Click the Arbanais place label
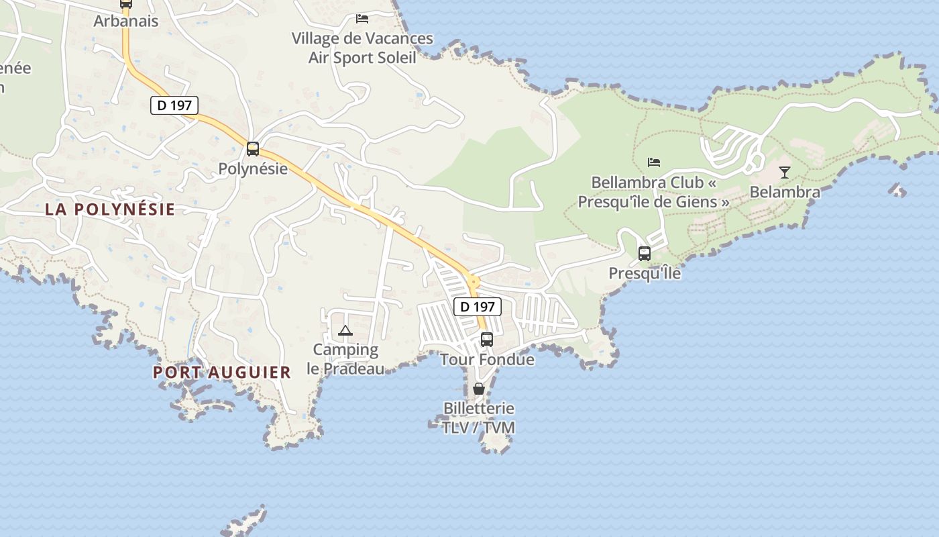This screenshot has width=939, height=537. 126,21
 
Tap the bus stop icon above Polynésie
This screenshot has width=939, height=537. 253,149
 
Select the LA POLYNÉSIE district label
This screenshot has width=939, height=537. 110,209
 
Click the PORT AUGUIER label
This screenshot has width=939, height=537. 222,372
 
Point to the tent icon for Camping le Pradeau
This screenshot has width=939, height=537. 345,330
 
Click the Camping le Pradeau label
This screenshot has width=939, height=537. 345,359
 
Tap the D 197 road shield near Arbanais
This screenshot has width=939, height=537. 174,105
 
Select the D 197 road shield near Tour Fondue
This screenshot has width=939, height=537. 478,307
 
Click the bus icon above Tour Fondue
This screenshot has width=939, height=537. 487,340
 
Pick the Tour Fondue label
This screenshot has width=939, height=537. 488,359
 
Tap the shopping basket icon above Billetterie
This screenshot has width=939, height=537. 479,389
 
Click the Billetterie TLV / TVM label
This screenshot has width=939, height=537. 479,418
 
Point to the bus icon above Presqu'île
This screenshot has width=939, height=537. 645,254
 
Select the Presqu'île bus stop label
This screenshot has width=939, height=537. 645,273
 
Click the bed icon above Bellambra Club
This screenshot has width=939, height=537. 654,162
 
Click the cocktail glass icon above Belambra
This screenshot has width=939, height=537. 785,173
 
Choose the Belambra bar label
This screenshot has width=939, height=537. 785,192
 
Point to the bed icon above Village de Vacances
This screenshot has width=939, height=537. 362,19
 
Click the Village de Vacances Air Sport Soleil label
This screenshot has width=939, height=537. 362,48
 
